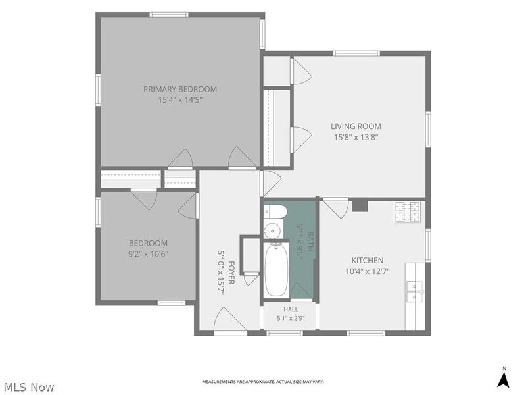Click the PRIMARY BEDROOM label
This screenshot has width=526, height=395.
(x=180, y=89)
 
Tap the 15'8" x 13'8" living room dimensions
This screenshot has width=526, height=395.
(x=356, y=137)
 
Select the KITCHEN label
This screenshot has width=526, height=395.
(x=368, y=260)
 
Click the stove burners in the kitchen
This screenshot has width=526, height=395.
(x=407, y=211)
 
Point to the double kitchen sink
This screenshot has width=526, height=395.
(x=416, y=291)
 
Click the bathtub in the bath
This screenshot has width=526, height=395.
(x=276, y=270)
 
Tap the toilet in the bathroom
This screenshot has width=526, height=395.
(x=275, y=211)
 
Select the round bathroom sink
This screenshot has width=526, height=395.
(x=272, y=231)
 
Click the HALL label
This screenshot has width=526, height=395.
(x=291, y=309)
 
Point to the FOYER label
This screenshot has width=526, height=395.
(x=231, y=273)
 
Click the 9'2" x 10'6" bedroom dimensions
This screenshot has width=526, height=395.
(x=148, y=254)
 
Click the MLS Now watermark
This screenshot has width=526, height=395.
(x=29, y=387)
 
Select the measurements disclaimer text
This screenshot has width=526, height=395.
(x=263, y=382)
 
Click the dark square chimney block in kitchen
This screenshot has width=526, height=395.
(x=360, y=205)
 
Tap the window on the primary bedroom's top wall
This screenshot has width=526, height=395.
(x=169, y=14)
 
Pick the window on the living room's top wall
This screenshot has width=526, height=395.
(x=356, y=53)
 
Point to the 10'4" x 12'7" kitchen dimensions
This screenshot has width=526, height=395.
(x=368, y=271)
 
